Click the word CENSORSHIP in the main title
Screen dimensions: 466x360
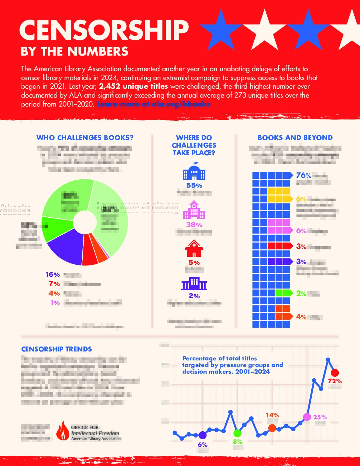point(104,30)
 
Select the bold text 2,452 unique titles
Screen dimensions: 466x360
point(133,86)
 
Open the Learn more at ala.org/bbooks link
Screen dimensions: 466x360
point(154,104)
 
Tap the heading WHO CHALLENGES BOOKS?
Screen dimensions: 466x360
point(85,138)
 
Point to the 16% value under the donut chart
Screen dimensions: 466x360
point(53,275)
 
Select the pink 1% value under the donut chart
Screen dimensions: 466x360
point(55,303)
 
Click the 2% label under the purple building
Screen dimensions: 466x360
point(194,296)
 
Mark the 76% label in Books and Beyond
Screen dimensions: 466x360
point(303,175)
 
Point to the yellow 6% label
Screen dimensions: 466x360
point(301,199)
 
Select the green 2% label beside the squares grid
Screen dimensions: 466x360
point(301,293)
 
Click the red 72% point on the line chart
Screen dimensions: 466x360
point(335,373)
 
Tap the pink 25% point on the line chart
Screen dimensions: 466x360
point(307,417)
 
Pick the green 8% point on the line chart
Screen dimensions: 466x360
point(237,433)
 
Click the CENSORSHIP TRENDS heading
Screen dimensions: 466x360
point(57,349)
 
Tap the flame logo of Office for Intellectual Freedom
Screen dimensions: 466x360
point(62,431)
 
